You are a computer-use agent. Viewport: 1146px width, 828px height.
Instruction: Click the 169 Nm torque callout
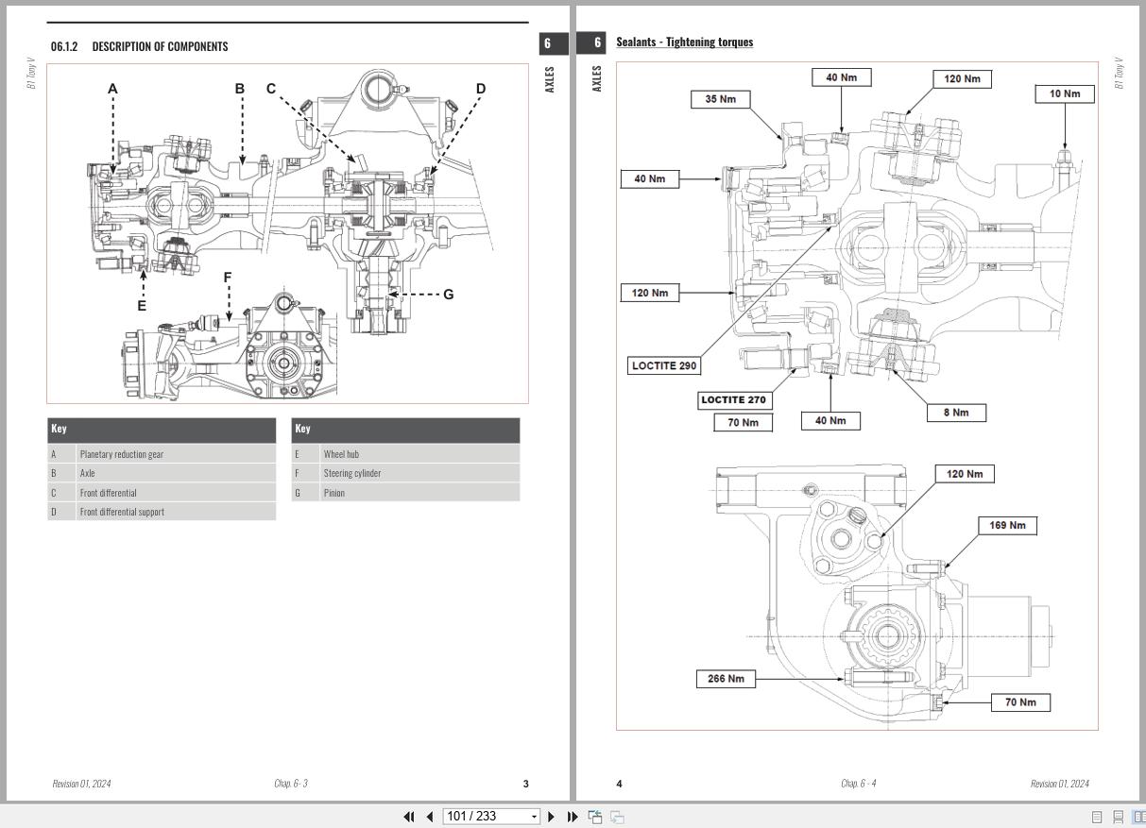tap(1007, 525)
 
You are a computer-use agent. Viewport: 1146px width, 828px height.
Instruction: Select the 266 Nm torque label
tap(726, 678)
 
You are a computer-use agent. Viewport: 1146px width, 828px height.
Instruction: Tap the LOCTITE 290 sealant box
tap(664, 365)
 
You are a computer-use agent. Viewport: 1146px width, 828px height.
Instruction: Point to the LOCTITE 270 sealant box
tap(733, 399)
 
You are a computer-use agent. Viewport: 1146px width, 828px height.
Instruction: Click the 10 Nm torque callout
tap(1065, 93)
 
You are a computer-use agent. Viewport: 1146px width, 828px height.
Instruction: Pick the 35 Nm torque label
tap(720, 99)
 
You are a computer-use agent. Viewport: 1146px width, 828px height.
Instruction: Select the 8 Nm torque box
tap(956, 413)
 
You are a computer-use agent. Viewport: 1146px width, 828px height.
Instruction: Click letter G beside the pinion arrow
tap(448, 295)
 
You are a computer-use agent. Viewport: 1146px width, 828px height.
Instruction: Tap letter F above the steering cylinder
tap(228, 278)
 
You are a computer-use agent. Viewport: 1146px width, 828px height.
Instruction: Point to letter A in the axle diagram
tap(112, 89)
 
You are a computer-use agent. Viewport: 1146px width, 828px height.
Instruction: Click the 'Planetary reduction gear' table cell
tap(121, 454)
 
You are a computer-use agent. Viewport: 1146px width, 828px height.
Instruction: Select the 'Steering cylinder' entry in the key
tap(351, 473)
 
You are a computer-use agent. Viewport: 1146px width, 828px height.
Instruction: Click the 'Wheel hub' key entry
tap(341, 454)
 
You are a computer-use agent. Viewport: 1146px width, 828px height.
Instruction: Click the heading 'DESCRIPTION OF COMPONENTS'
tap(159, 46)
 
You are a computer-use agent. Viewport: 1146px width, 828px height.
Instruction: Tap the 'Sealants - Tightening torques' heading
tap(684, 42)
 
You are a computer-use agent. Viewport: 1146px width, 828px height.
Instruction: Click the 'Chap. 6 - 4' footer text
tap(858, 784)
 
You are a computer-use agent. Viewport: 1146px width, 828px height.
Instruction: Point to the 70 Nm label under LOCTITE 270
tap(743, 422)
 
